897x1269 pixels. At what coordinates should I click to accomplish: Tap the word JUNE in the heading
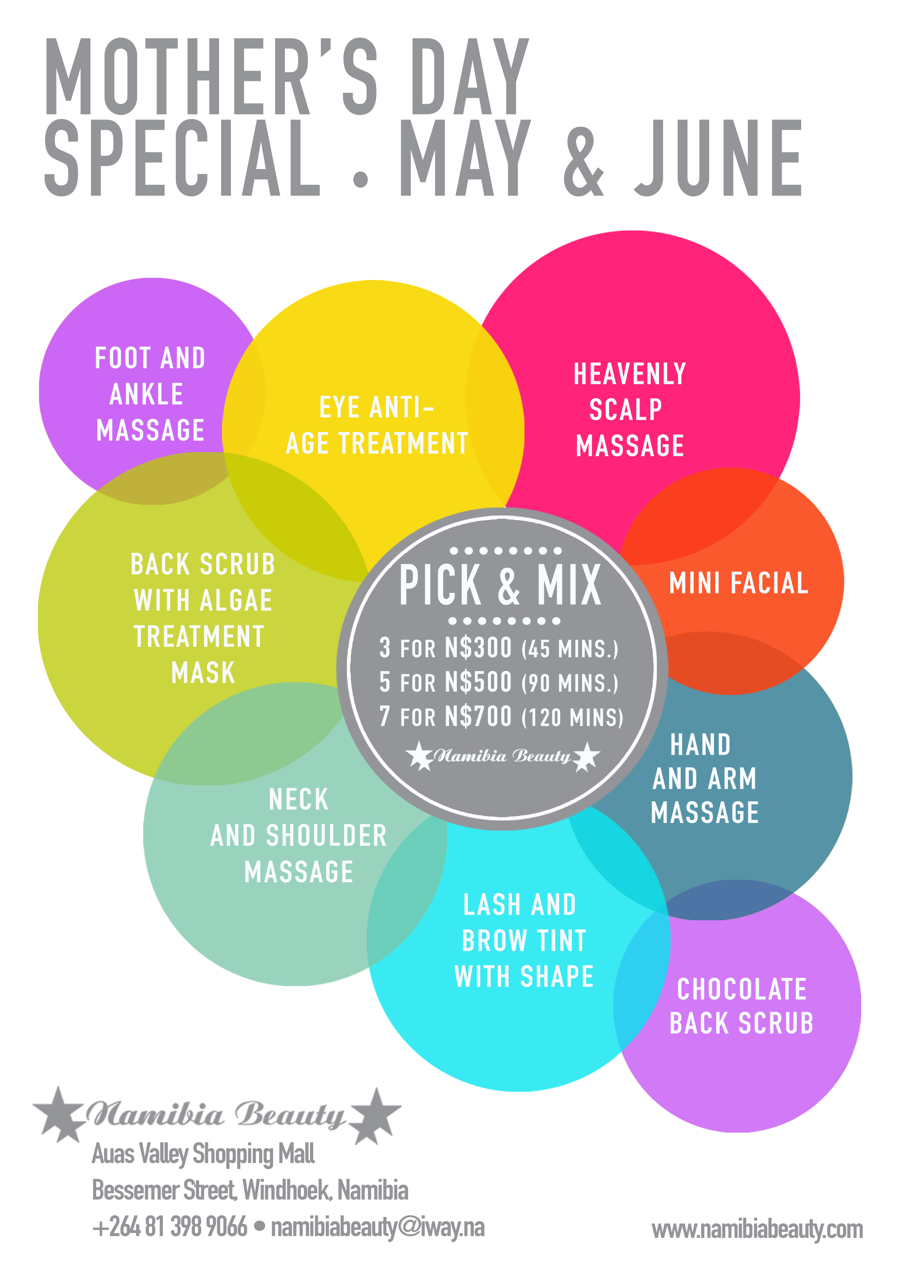point(718,158)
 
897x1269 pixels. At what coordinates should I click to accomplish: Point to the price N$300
point(478,648)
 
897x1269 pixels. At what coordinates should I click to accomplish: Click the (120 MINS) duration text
point(573,717)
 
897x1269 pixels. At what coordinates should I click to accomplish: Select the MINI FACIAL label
point(738,583)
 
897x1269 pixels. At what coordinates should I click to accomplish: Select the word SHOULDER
point(326,835)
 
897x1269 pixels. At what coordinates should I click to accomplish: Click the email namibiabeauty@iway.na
point(378,1227)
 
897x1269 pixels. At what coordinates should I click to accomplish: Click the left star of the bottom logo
point(60,1114)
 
